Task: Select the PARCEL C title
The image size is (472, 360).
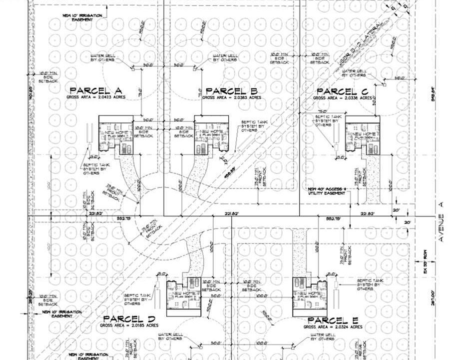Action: pos(343,91)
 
